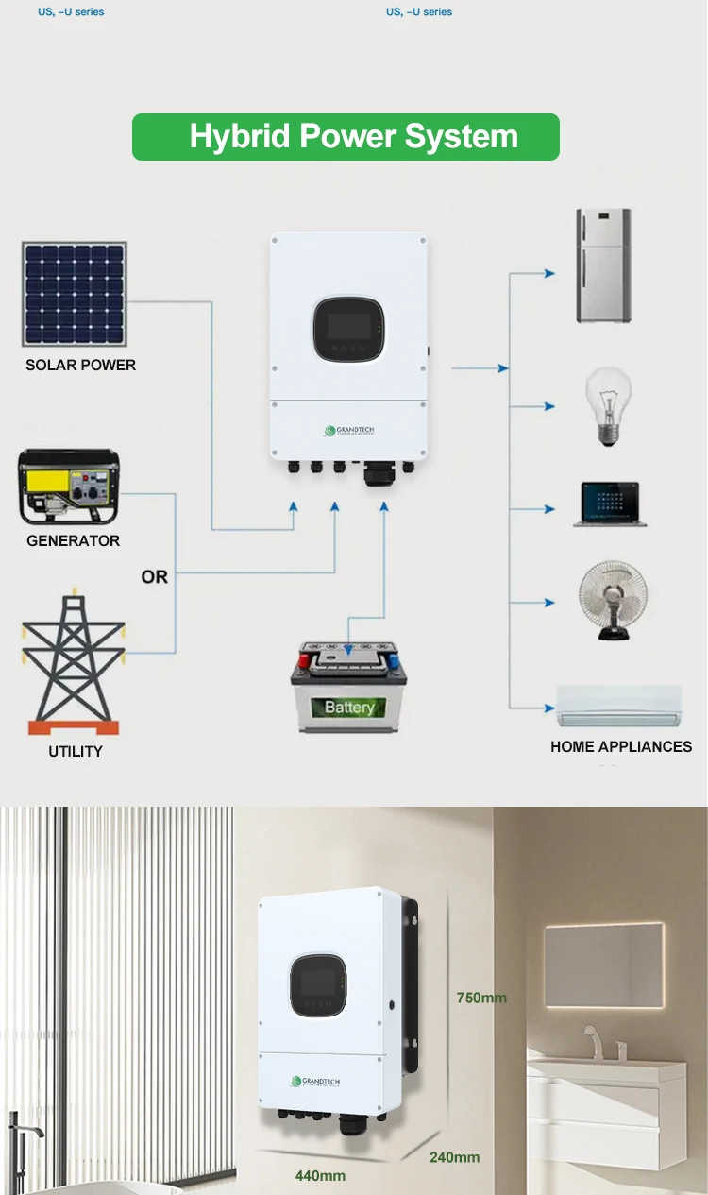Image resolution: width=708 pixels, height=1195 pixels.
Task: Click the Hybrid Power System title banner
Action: [x=346, y=137]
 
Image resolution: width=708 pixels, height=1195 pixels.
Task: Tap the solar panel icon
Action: [x=75, y=294]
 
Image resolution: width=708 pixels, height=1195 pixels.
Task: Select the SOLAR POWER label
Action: [x=80, y=366]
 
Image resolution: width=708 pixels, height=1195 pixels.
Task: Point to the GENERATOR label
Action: [x=73, y=541]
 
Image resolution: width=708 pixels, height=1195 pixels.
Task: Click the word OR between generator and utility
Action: [x=154, y=576]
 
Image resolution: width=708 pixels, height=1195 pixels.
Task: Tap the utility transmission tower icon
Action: [x=74, y=661]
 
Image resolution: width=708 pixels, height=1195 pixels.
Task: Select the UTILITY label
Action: [x=76, y=752]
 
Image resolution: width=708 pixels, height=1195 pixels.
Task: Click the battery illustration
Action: [x=348, y=687]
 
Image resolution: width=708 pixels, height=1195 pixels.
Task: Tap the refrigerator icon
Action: [x=603, y=266]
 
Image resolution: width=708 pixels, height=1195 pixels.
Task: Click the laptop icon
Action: [x=610, y=504]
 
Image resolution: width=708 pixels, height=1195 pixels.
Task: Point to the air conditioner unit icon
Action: [x=619, y=707]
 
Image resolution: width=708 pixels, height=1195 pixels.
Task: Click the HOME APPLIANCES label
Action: [x=621, y=746]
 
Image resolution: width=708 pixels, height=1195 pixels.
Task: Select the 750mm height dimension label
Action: [x=481, y=998]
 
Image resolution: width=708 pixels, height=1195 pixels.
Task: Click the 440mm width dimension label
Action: [x=320, y=1176]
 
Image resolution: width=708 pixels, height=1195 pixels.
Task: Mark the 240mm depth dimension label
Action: [x=454, y=1157]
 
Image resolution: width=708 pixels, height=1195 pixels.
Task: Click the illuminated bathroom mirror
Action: [x=604, y=965]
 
